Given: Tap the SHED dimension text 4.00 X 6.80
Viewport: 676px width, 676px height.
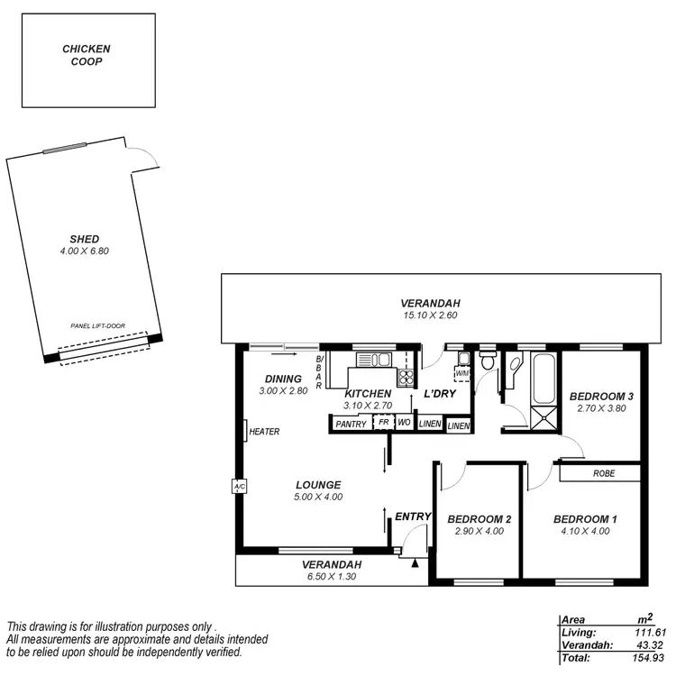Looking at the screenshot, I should pyautogui.click(x=87, y=251).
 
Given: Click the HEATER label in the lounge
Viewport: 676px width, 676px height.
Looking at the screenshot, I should pyautogui.click(x=264, y=432).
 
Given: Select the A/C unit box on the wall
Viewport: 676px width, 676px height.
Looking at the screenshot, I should pyautogui.click(x=239, y=487).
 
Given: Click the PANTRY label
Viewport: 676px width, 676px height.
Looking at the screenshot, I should pyautogui.click(x=351, y=424).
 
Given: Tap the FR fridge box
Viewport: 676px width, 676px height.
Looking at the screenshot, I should pyautogui.click(x=383, y=422).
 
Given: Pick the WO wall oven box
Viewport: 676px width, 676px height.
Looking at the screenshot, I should pyautogui.click(x=404, y=422).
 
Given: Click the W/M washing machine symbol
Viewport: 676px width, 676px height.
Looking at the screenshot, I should pyautogui.click(x=462, y=373).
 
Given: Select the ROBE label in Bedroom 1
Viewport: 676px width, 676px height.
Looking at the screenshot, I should pyautogui.click(x=604, y=473).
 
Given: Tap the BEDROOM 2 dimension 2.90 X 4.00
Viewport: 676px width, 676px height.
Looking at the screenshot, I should pyautogui.click(x=480, y=531).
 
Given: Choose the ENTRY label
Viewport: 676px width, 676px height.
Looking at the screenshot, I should pyautogui.click(x=414, y=516).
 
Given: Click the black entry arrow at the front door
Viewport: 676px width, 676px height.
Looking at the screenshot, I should pyautogui.click(x=414, y=563).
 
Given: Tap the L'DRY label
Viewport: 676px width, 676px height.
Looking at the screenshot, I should pyautogui.click(x=439, y=394).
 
